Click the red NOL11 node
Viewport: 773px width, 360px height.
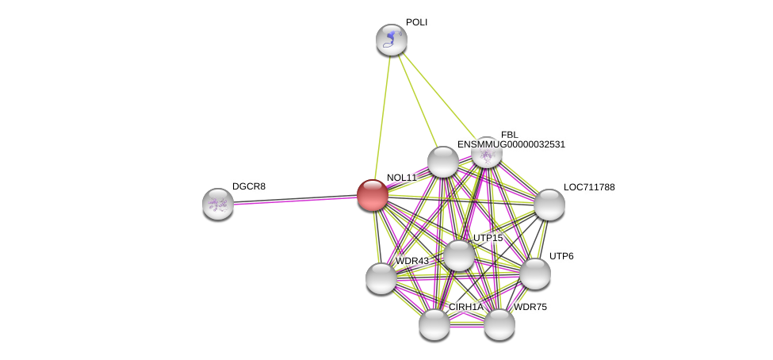click(372, 195)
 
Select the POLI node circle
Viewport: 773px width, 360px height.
click(391, 40)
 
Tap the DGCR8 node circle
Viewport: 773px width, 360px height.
click(218, 204)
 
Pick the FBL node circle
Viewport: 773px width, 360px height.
click(486, 152)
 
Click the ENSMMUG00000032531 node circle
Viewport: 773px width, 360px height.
click(443, 162)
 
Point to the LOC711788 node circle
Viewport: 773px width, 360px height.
click(549, 205)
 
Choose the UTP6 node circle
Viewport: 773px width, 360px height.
click(535, 274)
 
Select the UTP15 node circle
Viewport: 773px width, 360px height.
click(459, 255)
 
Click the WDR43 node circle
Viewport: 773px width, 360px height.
click(381, 278)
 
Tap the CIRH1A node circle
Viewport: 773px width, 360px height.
click(434, 324)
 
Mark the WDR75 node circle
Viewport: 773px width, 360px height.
click(499, 324)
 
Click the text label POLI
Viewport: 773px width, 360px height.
click(416, 22)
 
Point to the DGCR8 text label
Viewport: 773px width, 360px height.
click(249, 186)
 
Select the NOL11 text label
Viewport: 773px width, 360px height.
click(401, 178)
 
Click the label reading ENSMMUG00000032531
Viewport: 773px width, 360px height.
click(511, 144)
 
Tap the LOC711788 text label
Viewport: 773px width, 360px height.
click(589, 187)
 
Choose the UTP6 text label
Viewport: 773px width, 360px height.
click(561, 256)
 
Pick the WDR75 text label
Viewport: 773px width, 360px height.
click(530, 307)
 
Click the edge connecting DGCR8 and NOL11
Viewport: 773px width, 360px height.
click(293, 200)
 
